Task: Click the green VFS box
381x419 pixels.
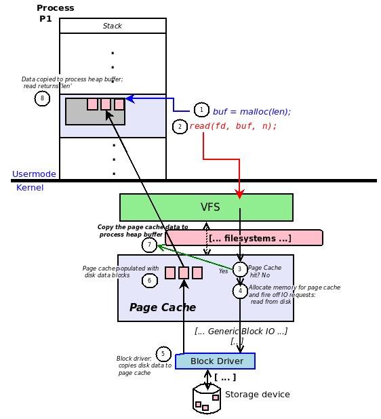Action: (x=206, y=207)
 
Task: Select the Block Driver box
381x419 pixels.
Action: (x=215, y=361)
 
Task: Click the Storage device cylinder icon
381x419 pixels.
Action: (x=207, y=399)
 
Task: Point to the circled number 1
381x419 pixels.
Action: (x=201, y=110)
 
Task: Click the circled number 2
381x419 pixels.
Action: (x=180, y=127)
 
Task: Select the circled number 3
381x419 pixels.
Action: (x=239, y=269)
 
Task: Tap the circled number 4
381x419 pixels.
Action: (x=240, y=291)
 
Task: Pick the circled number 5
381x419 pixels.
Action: (x=163, y=354)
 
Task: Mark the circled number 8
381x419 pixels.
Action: (x=42, y=99)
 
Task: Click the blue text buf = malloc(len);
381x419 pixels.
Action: (x=252, y=111)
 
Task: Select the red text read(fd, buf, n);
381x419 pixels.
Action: (x=233, y=126)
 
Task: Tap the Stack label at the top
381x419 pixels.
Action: (x=113, y=26)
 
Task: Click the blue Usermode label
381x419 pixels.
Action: (x=34, y=174)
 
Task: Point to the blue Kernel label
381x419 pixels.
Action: (x=30, y=188)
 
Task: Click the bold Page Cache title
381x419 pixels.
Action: (x=163, y=308)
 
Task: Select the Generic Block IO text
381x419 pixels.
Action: (x=241, y=331)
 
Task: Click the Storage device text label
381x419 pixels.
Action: (x=257, y=395)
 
